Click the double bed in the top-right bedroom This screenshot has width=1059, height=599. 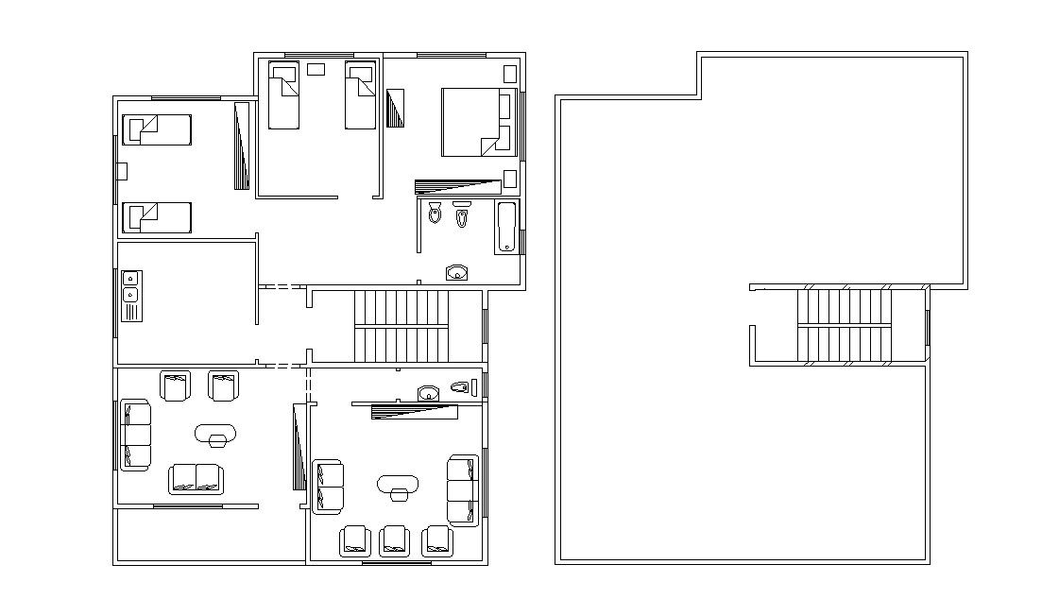[470, 121]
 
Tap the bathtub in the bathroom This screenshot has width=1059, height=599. [506, 227]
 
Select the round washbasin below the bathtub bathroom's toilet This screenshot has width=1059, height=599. [457, 273]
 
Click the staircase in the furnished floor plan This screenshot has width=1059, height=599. [402, 326]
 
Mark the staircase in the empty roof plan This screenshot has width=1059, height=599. [844, 326]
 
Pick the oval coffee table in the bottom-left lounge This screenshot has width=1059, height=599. [216, 434]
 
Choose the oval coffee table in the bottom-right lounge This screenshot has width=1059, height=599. [398, 486]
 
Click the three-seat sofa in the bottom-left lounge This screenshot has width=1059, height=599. [135, 435]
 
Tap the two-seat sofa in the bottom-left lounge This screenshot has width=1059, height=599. [196, 478]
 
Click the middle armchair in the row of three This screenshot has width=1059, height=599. [393, 540]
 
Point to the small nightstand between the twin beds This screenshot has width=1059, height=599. [316, 69]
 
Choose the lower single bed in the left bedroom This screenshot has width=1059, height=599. [157, 217]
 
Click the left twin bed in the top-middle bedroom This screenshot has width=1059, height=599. [283, 95]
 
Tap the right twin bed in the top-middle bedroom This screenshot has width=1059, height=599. [359, 95]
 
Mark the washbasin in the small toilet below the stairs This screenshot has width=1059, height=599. [429, 393]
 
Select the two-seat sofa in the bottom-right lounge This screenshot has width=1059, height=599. [327, 487]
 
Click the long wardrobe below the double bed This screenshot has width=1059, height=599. [457, 186]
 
